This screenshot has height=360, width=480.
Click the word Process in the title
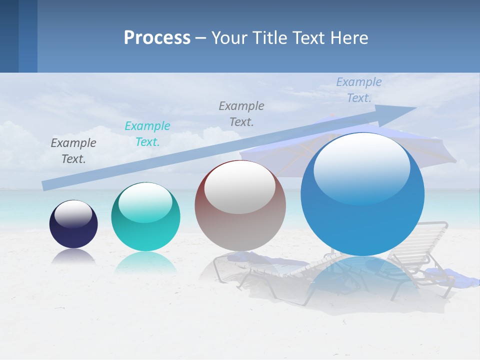157,38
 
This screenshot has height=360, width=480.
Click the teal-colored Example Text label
147,134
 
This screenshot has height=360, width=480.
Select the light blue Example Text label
359,90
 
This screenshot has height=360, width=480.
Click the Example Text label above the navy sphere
73,151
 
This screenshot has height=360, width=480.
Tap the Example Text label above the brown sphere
241,113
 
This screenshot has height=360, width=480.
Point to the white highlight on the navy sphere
73,214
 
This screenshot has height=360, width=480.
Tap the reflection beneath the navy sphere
73,256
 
